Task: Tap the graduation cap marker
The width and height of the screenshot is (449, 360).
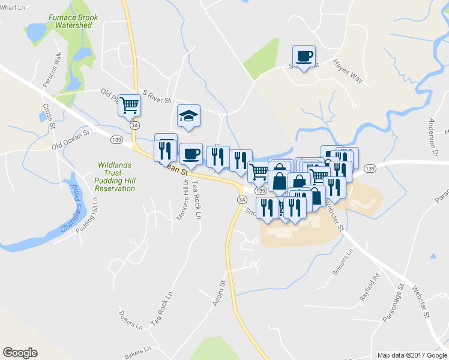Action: [188, 116]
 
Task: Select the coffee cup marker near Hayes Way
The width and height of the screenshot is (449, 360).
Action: [304, 57]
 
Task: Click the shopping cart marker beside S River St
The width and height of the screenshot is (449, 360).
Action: [130, 106]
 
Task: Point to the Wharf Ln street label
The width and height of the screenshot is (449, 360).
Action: [13, 7]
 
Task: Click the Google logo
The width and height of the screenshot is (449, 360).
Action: [20, 353]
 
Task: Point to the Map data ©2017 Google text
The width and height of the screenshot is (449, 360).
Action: [411, 355]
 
